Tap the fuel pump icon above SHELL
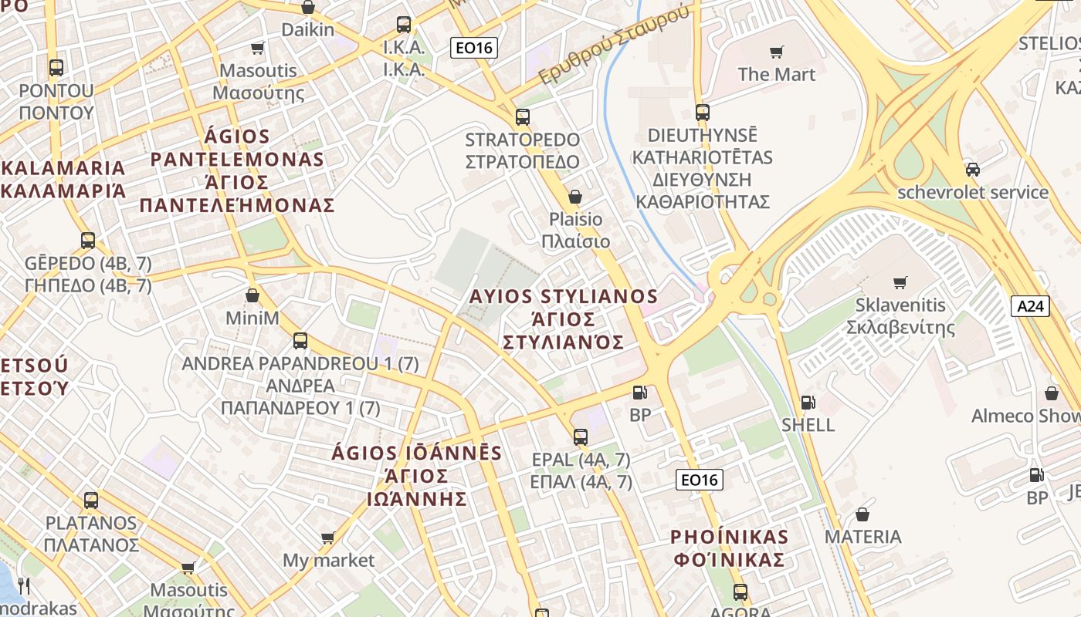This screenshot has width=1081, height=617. (x=808, y=402)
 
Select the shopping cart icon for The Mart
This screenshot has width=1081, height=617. (x=776, y=52)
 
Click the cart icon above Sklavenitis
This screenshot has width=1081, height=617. (x=900, y=282)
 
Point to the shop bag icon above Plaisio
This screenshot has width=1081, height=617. (x=574, y=197)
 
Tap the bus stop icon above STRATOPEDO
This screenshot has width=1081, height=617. (x=523, y=117)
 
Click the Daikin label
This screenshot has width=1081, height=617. (x=308, y=30)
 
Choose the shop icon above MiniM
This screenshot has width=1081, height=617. (x=252, y=295)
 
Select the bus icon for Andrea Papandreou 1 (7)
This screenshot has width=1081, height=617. (x=300, y=341)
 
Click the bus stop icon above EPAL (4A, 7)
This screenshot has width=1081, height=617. (x=581, y=437)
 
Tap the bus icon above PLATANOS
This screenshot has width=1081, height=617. (x=91, y=501)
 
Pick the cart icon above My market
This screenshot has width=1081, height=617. (x=328, y=538)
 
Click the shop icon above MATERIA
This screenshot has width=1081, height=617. (x=862, y=514)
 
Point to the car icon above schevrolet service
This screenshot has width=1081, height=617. (x=973, y=170)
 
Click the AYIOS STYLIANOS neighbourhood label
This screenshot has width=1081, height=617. (x=564, y=297)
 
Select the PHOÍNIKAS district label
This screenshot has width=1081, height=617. (x=729, y=537)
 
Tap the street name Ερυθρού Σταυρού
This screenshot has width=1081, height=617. (x=613, y=46)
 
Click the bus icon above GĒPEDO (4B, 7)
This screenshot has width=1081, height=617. (x=88, y=241)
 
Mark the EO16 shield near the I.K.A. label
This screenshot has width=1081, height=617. (x=474, y=49)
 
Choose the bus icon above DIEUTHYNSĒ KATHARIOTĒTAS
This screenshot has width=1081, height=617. (x=703, y=113)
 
